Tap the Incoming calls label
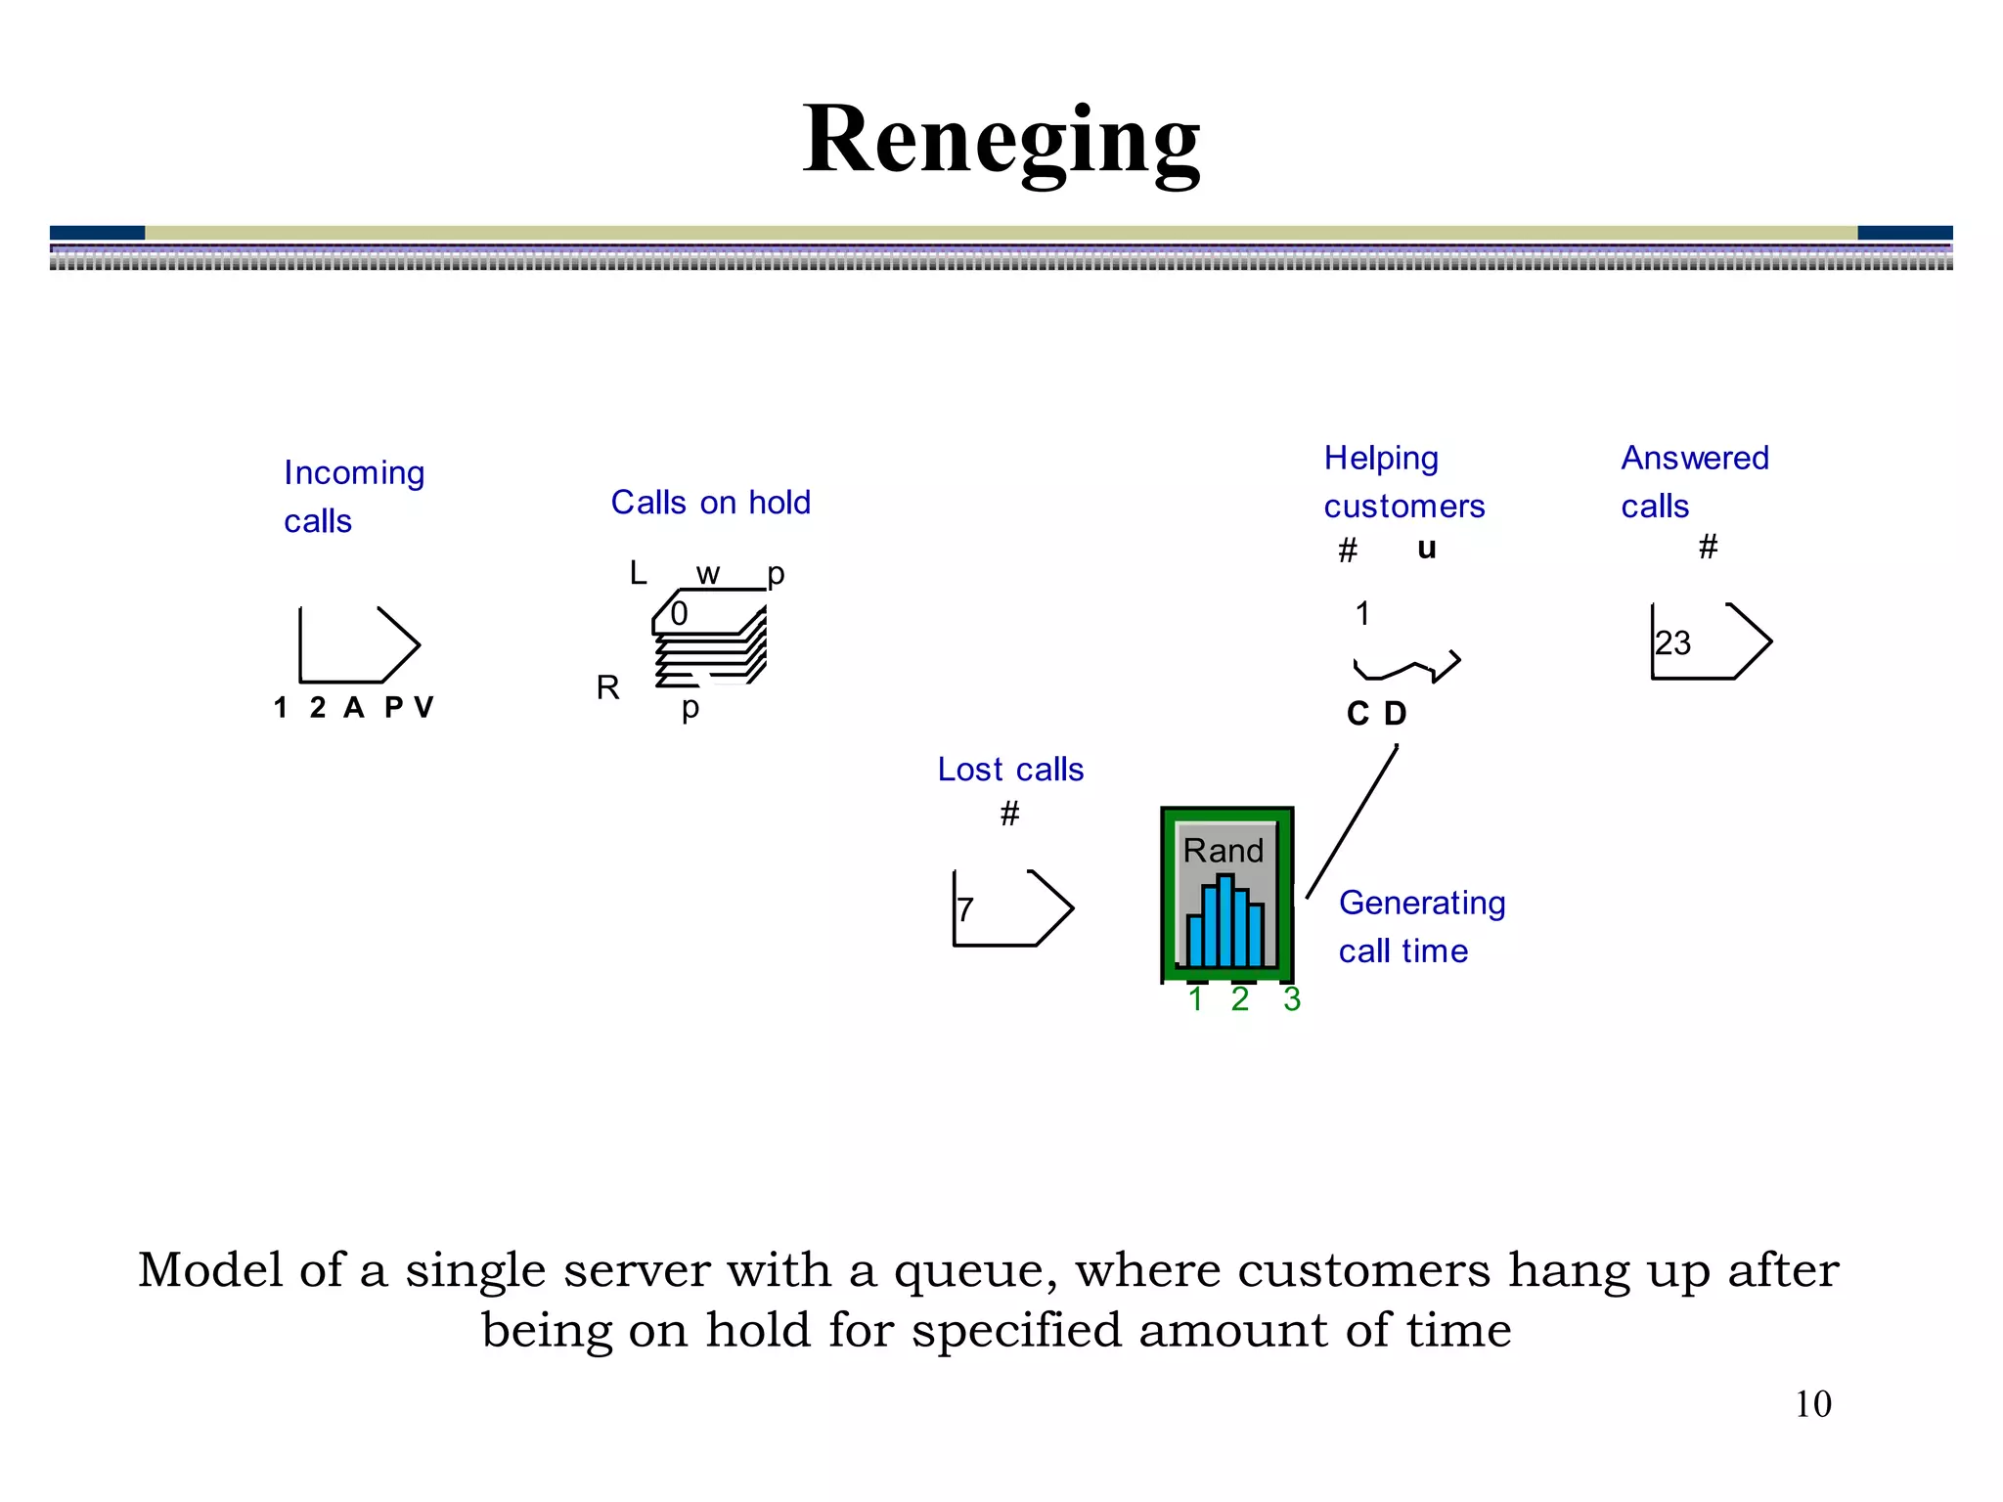pyautogui.click(x=354, y=497)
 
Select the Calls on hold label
pyautogui.click(x=711, y=503)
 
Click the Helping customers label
pyautogui.click(x=1403, y=482)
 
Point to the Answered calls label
pyautogui.click(x=1694, y=482)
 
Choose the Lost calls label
pyautogui.click(x=1010, y=770)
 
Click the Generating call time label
pyautogui.click(x=1421, y=926)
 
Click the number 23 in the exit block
pyautogui.click(x=1672, y=643)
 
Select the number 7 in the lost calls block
pyautogui.click(x=965, y=909)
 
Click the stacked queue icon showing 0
pyautogui.click(x=710, y=638)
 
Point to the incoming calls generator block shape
pyautogui.click(x=358, y=645)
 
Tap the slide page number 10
pyautogui.click(x=1812, y=1404)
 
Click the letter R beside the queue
pyautogui.click(x=607, y=688)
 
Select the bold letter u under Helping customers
pyautogui.click(x=1426, y=549)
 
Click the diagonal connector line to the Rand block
pyautogui.click(x=1352, y=821)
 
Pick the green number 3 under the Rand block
pyautogui.click(x=1292, y=999)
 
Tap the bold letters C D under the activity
pyautogui.click(x=1376, y=714)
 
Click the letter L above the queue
pyautogui.click(x=638, y=573)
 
